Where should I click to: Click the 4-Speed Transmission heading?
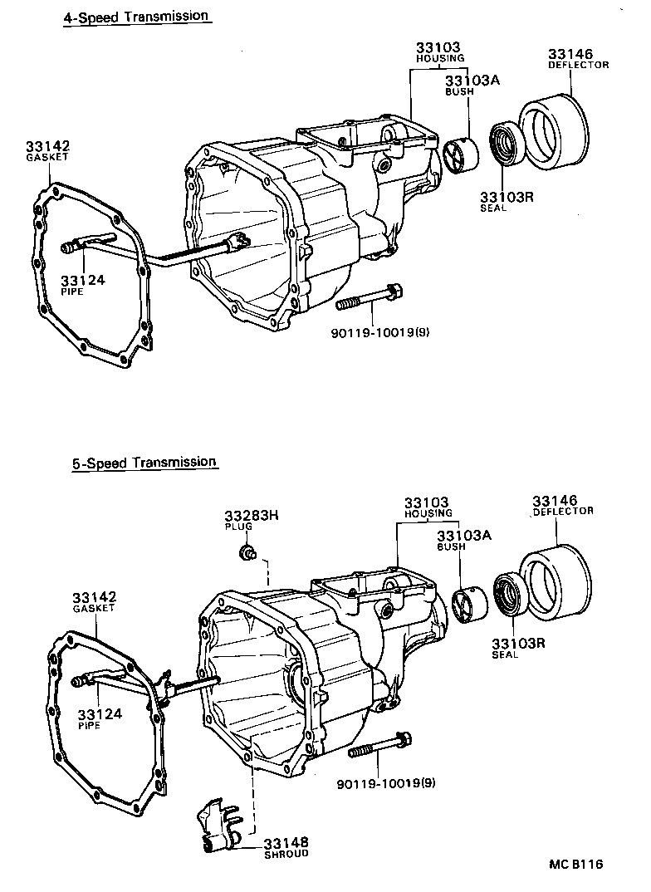(136, 16)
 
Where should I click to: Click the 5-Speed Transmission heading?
(144, 463)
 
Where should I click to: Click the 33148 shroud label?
(286, 847)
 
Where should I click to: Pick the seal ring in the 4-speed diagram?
(504, 143)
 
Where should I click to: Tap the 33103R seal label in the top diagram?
(505, 201)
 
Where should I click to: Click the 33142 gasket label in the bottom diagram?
(93, 602)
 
